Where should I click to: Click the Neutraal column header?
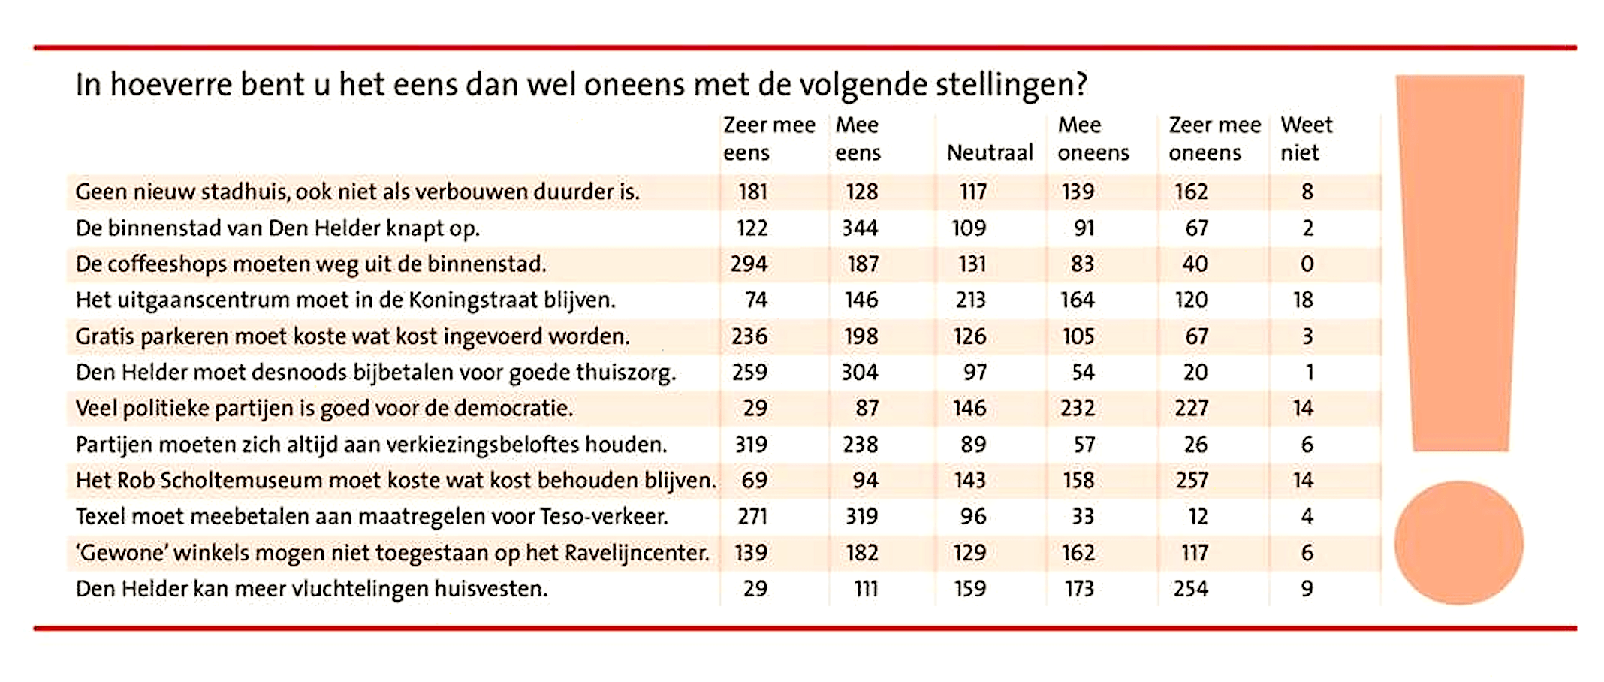point(989,152)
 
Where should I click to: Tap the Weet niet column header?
point(1306,138)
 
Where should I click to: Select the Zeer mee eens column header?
point(768,138)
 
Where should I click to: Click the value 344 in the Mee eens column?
point(860,228)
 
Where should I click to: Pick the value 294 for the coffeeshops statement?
point(749,264)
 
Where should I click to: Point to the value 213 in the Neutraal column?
point(970,300)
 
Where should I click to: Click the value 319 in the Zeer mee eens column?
point(751,445)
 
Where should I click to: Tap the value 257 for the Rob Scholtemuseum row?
point(1192,481)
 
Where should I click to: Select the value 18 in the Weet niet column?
point(1303,300)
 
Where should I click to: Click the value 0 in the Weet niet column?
point(1307,264)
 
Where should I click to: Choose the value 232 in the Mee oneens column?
point(1078,409)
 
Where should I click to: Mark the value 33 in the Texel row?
point(1082,517)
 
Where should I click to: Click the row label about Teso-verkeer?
point(372,517)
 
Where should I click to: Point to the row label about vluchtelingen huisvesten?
point(312,589)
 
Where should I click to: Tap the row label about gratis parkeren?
point(352,336)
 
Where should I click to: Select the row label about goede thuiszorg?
point(375,373)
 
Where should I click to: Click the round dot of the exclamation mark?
point(1458,543)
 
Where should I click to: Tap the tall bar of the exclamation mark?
point(1460,263)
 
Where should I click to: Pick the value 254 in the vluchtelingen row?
point(1191,589)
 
